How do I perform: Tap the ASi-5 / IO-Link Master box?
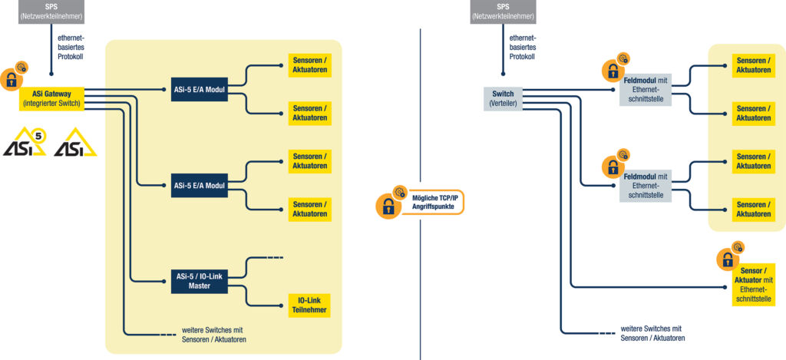pyautogui.click(x=200, y=281)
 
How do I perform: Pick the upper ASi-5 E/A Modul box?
pyautogui.click(x=200, y=89)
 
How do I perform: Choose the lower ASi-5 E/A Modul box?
pyautogui.click(x=200, y=186)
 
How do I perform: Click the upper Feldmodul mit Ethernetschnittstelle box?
pyautogui.click(x=646, y=94)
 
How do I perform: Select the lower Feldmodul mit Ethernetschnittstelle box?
pyautogui.click(x=646, y=185)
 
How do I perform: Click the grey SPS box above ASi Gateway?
pyautogui.click(x=51, y=12)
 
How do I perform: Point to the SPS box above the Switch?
pyautogui.click(x=503, y=12)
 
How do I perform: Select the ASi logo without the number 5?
pyautogui.click(x=75, y=143)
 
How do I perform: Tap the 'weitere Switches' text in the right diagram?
pyautogui.click(x=652, y=333)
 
